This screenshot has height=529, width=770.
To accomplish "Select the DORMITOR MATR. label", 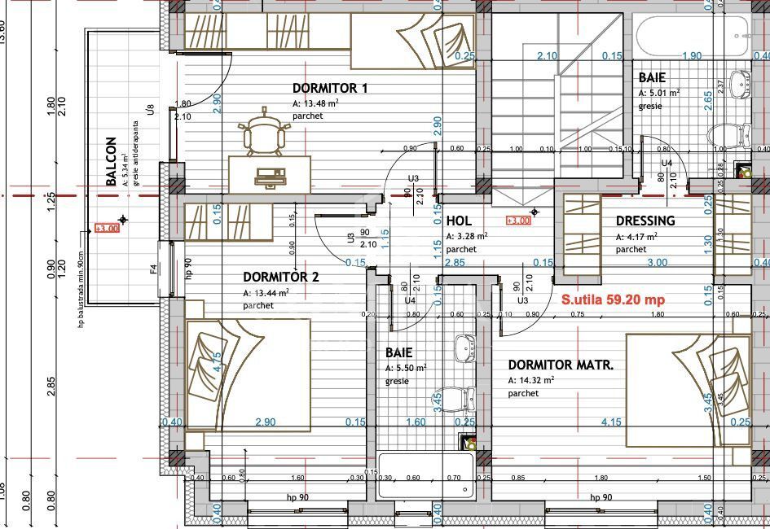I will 561,365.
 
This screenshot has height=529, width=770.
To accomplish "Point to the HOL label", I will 459,221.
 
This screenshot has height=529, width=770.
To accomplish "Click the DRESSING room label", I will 645,221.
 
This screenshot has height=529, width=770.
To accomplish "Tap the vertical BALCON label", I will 112,162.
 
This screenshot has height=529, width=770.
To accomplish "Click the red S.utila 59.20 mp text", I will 613,299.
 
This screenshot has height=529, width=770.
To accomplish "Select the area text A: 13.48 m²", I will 315,103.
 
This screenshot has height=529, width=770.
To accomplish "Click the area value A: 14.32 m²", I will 531,380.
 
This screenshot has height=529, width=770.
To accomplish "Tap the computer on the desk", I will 268,175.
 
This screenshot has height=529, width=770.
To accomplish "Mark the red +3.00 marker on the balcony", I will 107,229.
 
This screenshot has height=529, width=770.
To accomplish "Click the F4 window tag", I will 153,267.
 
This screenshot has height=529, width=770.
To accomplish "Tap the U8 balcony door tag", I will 150,108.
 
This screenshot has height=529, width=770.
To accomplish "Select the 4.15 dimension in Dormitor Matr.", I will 611,422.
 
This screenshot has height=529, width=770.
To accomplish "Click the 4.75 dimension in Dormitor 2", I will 217,362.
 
